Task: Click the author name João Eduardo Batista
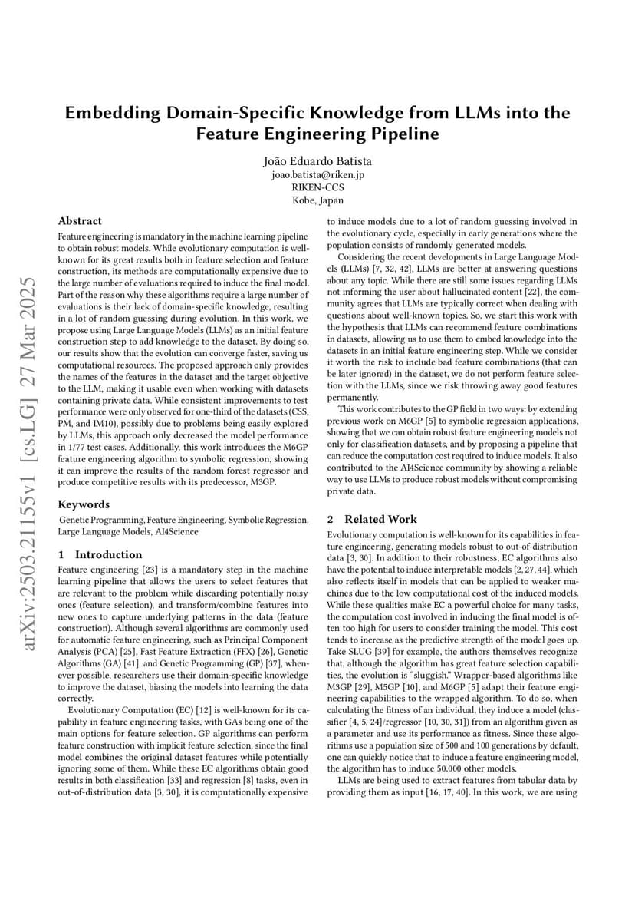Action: coord(317,161)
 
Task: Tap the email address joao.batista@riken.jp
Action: coord(317,175)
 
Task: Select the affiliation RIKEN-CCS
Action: coord(317,187)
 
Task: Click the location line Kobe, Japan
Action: coord(317,200)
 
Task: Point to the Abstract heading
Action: coord(80,221)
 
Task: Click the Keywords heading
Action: coord(84,504)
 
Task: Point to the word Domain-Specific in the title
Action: coord(219,113)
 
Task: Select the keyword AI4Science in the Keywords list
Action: coord(176,531)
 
